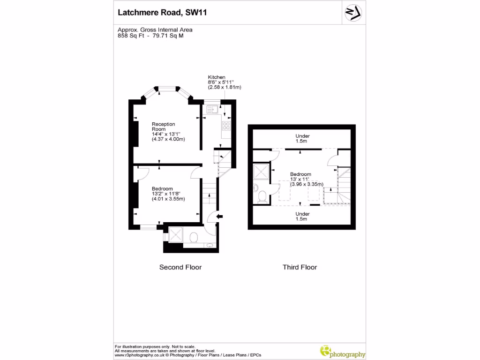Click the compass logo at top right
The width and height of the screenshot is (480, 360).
click(x=352, y=13)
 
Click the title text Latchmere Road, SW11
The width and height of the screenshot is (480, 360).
click(x=161, y=13)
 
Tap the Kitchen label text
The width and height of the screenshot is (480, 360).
click(x=217, y=77)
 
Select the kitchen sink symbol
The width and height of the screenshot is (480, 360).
click(x=210, y=110)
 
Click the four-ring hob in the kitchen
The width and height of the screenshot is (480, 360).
click(x=226, y=125)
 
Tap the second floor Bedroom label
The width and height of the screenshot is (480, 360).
click(x=162, y=188)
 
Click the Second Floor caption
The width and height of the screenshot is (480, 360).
click(x=180, y=267)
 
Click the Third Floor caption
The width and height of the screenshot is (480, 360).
click(x=300, y=267)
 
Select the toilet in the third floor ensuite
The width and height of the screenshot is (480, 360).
click(x=262, y=195)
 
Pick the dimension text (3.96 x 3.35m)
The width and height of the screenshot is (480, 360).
click(x=307, y=184)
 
